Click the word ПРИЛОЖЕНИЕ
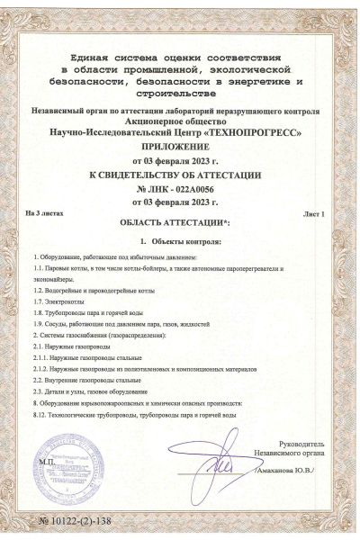click(180, 146)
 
